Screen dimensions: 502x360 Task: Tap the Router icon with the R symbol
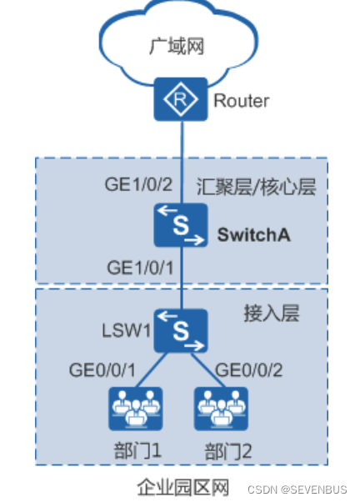tap(179, 99)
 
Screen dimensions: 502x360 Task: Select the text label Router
tap(241, 101)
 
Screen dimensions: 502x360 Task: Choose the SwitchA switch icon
tap(179, 227)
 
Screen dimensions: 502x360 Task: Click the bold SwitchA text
tap(253, 234)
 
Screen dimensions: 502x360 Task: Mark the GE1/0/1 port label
tap(140, 269)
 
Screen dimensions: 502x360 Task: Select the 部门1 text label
tap(136, 450)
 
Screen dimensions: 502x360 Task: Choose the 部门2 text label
tap(227, 450)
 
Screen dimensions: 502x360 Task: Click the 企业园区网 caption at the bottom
tap(182, 485)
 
